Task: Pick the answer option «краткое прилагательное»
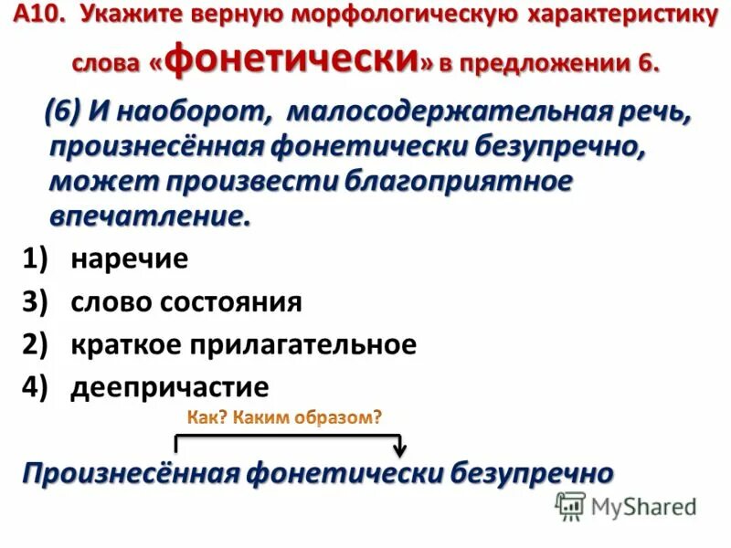243,344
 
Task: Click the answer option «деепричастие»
170,387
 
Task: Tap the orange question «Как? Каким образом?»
284,417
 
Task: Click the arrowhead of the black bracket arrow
398,452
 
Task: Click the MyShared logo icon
571,505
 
